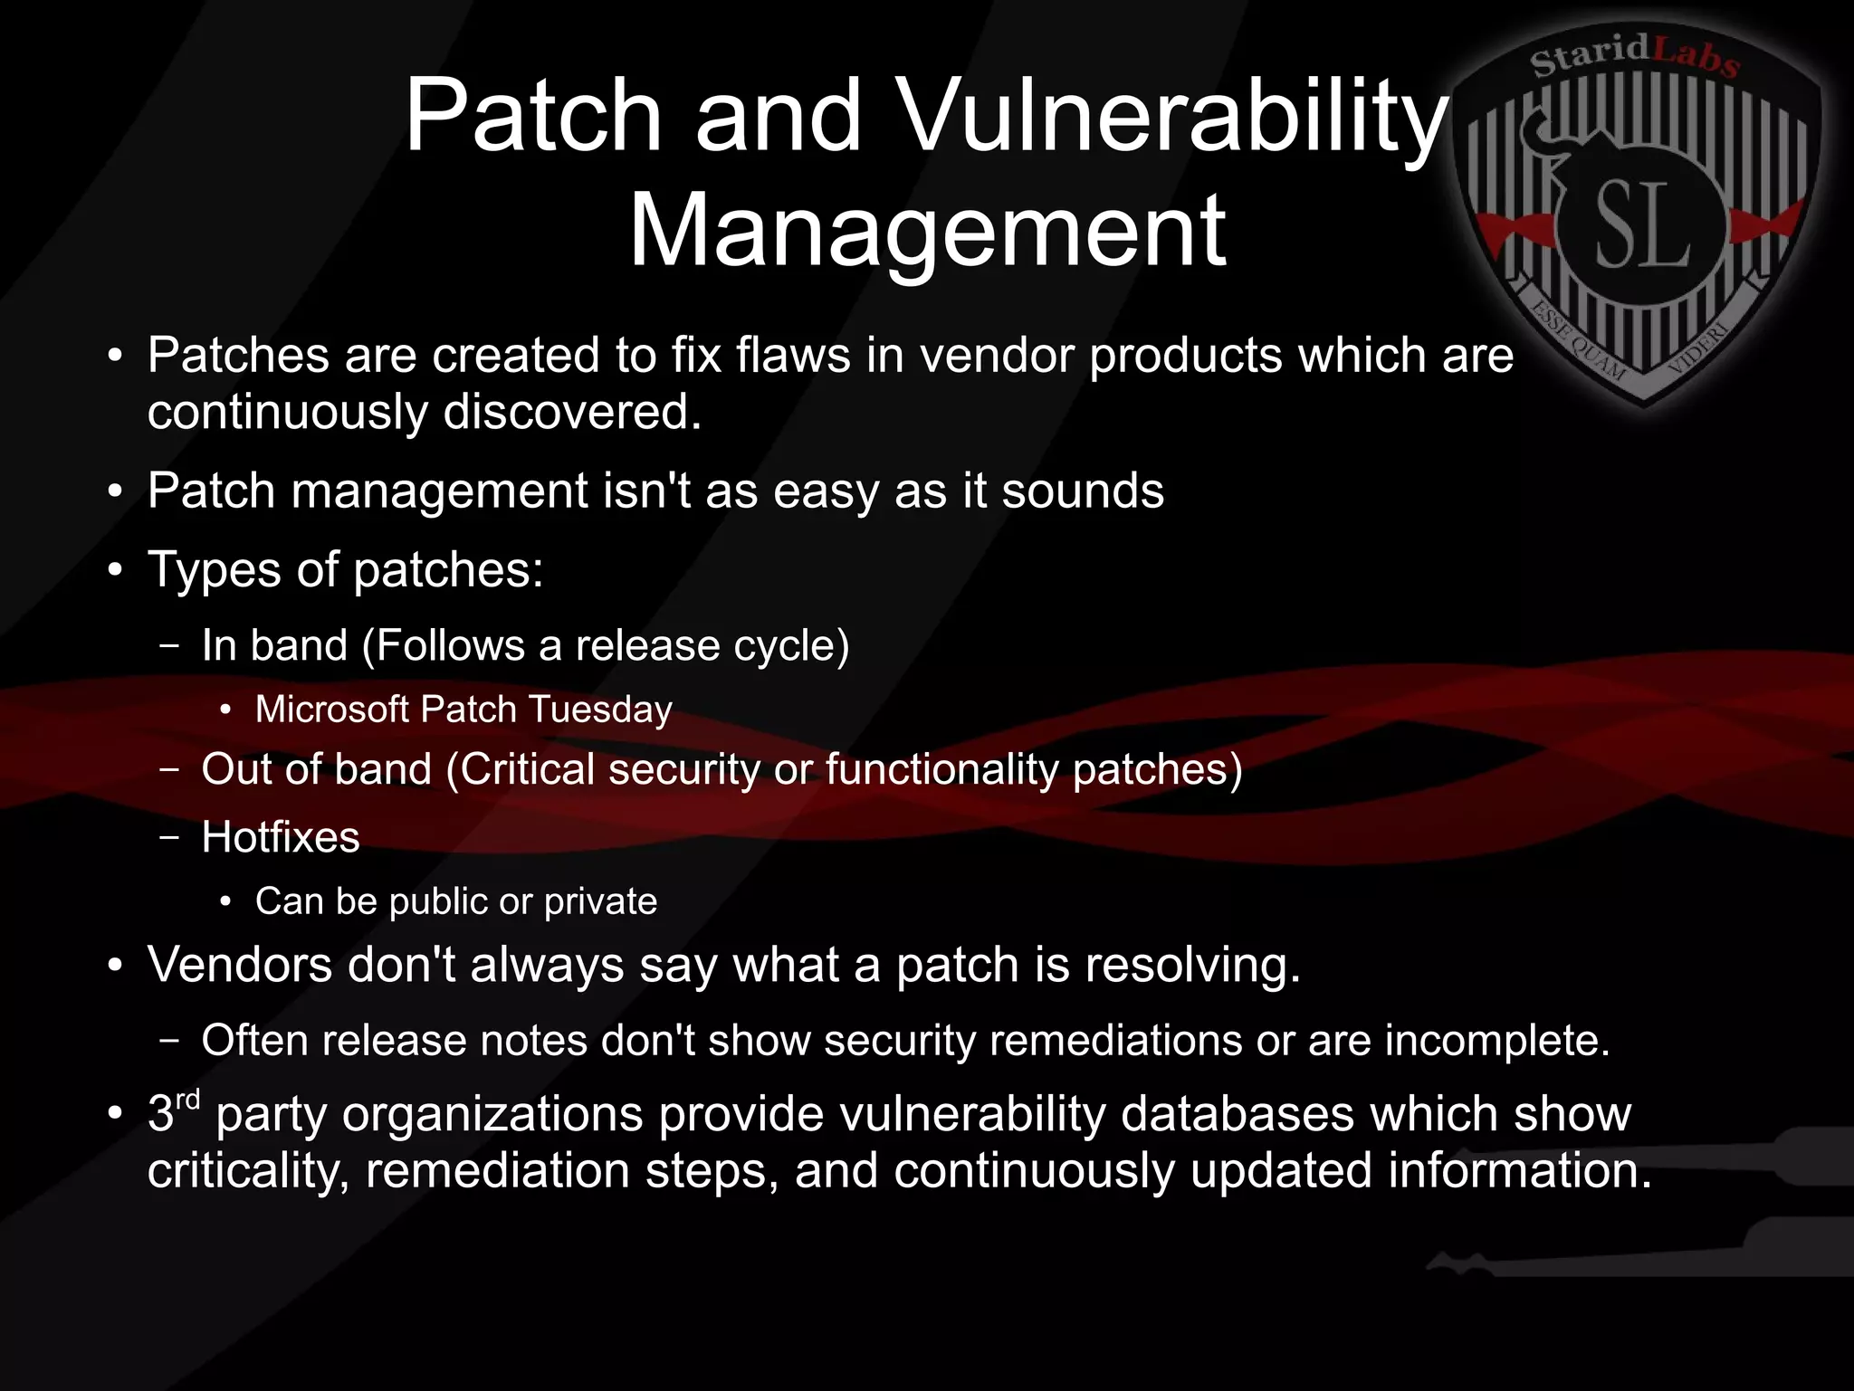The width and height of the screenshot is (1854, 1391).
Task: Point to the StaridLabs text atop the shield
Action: [x=1634, y=57]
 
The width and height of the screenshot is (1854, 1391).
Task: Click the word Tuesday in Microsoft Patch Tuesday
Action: [x=600, y=710]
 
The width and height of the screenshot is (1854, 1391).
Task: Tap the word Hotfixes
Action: [x=281, y=837]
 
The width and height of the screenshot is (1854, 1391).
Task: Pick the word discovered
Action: [x=572, y=413]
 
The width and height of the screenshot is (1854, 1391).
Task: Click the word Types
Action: [x=215, y=571]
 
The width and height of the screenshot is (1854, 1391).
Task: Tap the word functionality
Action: [x=941, y=770]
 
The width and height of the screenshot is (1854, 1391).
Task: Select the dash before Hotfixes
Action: [x=168, y=837]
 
